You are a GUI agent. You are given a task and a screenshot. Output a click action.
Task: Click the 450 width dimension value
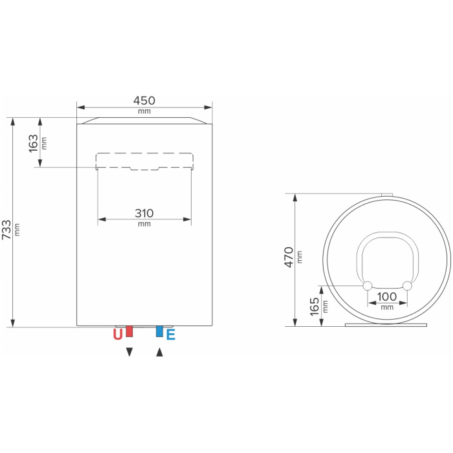pos(144,100)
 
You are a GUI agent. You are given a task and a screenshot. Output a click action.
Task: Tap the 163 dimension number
pos(34,143)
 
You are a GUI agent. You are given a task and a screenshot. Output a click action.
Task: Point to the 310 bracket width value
pos(144,213)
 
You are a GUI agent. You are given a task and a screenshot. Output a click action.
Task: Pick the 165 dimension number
pos(315,305)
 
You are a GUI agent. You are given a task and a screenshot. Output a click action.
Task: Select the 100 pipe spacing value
pos(387,296)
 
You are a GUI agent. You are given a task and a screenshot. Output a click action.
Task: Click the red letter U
pos(117,335)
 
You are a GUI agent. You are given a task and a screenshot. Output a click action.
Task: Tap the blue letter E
pos(171,335)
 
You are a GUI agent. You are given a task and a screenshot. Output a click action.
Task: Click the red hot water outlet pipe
pos(129,331)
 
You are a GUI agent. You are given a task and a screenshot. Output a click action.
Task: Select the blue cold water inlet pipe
pos(159,331)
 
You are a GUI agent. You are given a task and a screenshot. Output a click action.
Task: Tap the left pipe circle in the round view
pos(367,286)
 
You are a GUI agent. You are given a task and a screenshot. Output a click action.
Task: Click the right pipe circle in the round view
pos(407,286)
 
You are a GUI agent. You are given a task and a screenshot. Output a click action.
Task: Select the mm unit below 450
pos(144,111)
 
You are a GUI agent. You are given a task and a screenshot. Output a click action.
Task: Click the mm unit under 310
pos(144,224)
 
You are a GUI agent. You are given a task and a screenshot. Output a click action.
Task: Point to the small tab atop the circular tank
pos(387,194)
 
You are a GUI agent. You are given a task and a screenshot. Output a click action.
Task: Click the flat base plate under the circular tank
pos(387,326)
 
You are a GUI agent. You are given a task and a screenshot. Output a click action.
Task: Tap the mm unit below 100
pos(387,307)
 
